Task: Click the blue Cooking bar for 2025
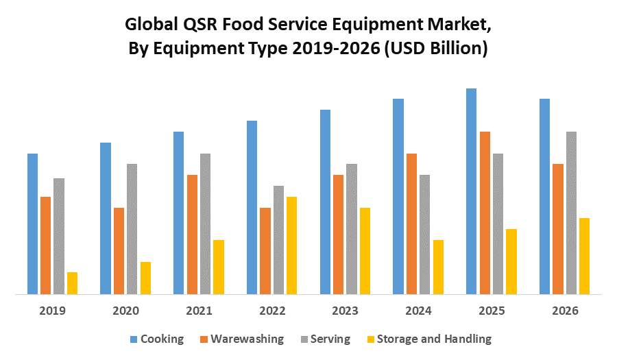click(471, 192)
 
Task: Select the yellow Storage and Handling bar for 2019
click(72, 283)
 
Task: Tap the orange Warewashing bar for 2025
click(485, 213)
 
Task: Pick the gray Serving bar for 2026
click(571, 213)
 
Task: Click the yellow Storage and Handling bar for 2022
click(291, 245)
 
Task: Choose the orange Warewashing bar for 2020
click(119, 251)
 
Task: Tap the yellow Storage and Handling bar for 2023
click(365, 251)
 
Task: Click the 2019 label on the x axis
click(52, 311)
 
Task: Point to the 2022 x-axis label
click(272, 311)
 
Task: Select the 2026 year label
click(565, 311)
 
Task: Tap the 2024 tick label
click(418, 311)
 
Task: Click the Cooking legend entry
click(162, 339)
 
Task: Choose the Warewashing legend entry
click(247, 339)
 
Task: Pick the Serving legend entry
click(330, 339)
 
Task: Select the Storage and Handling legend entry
click(434, 339)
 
